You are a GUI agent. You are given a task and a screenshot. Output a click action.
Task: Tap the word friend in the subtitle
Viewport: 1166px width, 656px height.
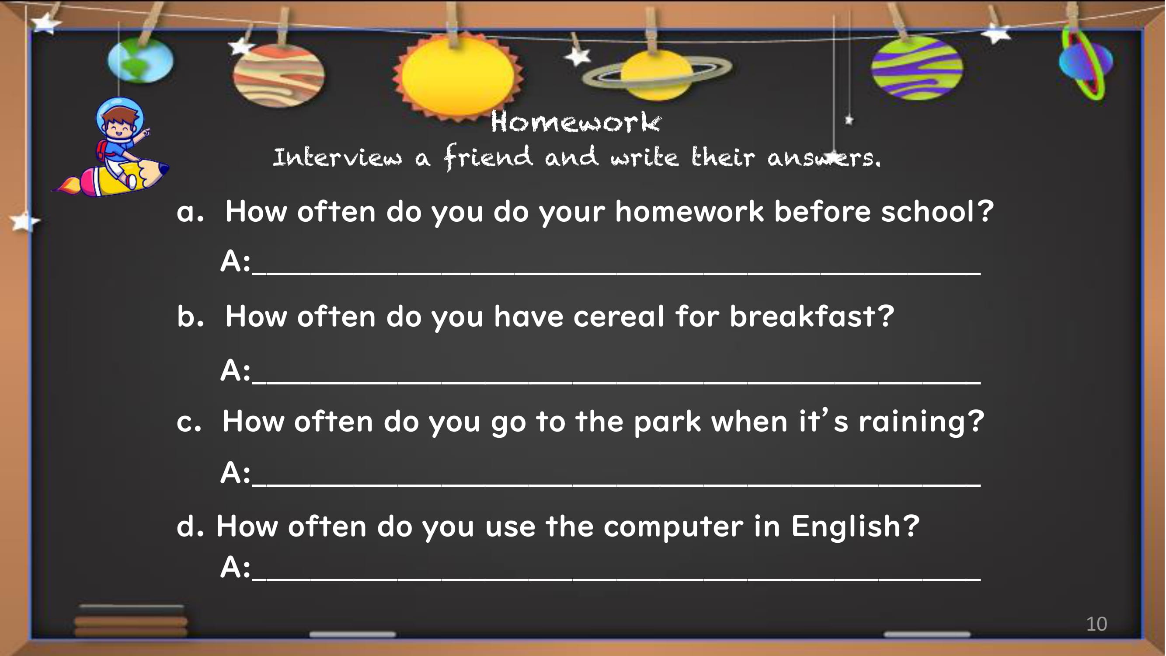488,157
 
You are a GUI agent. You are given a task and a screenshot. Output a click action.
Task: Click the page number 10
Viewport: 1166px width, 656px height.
1097,624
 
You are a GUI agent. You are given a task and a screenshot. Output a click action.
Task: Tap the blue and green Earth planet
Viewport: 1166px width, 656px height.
140,61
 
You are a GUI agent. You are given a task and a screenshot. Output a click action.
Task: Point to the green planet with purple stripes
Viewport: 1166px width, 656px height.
918,68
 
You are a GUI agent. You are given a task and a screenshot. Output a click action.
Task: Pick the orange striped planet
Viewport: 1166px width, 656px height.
278,76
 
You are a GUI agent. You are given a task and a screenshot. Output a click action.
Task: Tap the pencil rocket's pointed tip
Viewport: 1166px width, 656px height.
165,168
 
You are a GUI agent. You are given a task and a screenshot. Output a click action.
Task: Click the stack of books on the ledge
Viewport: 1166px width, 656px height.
131,621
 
